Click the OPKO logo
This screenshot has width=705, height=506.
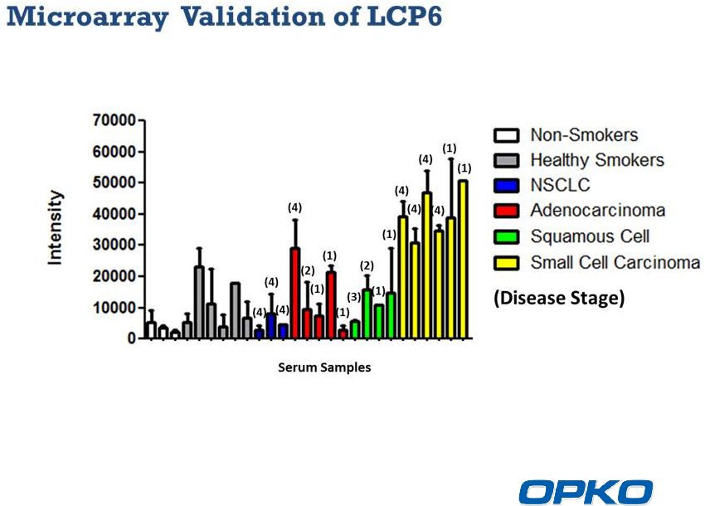586,492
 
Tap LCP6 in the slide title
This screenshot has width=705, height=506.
404,17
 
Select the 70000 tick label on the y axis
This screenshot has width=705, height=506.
114,120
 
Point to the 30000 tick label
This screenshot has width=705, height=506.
114,245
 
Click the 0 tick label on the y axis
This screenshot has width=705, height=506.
131,338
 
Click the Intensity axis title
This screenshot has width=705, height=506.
55,227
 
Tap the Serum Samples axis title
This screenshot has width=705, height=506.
324,367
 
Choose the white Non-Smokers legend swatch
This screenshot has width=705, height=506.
506,135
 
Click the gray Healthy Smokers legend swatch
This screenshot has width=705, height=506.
506,161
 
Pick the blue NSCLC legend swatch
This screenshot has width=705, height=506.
506,185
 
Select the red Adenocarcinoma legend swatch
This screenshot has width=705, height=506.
506,211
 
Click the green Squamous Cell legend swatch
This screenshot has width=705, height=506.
506,236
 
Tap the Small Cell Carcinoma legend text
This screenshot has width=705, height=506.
615,262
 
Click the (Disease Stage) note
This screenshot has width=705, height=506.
559,298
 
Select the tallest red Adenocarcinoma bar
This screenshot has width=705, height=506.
295,293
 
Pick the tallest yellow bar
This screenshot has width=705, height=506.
463,259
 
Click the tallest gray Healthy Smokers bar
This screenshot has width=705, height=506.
199,302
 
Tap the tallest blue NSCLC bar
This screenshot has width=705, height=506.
271,326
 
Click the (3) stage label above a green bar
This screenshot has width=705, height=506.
354,297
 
